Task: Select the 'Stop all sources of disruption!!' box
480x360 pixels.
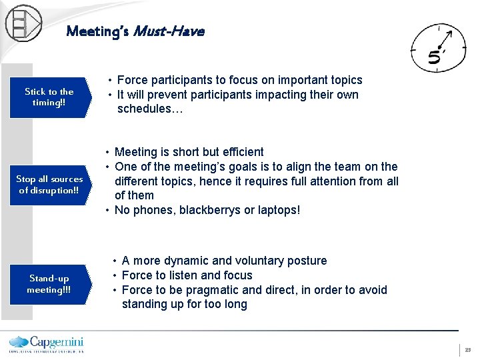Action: click(50, 185)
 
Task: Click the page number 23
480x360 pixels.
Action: click(467, 349)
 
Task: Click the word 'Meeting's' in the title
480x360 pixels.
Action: click(97, 31)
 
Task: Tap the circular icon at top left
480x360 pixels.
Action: click(23, 23)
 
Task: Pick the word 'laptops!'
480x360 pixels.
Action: click(279, 210)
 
